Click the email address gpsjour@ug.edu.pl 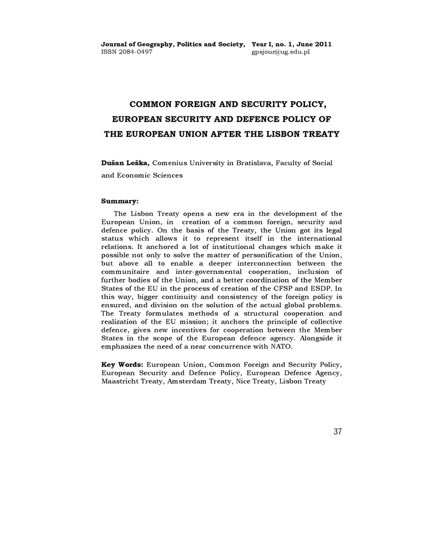coord(280,52)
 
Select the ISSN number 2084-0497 coord(135,52)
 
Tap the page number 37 coord(337,432)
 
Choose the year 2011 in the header coord(322,44)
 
